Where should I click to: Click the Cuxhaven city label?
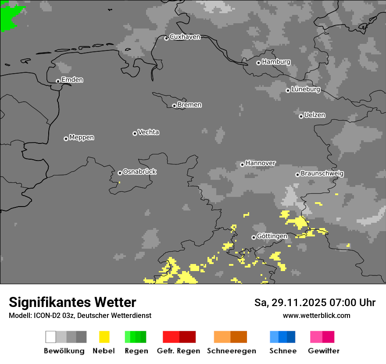click(x=185, y=37)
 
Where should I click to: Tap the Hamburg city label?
click(x=276, y=62)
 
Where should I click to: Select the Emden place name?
click(x=72, y=80)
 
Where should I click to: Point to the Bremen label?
click(x=189, y=105)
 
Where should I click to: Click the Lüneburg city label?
click(x=306, y=89)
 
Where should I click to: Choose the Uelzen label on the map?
click(x=315, y=115)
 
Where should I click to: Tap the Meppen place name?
click(x=82, y=138)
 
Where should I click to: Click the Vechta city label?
click(x=148, y=132)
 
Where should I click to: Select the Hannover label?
click(x=261, y=163)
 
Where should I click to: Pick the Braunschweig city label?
click(x=322, y=174)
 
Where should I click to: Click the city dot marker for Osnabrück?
click(x=120, y=173)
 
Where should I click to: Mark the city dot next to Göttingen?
click(x=254, y=237)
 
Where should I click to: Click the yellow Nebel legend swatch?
click(x=104, y=337)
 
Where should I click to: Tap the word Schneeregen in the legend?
click(x=232, y=351)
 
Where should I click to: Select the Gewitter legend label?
click(x=324, y=351)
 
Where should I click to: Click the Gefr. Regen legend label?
click(x=179, y=351)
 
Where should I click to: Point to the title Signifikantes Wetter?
click(x=72, y=302)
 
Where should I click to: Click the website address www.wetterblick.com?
click(x=316, y=315)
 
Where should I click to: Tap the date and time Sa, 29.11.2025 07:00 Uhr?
click(x=315, y=303)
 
